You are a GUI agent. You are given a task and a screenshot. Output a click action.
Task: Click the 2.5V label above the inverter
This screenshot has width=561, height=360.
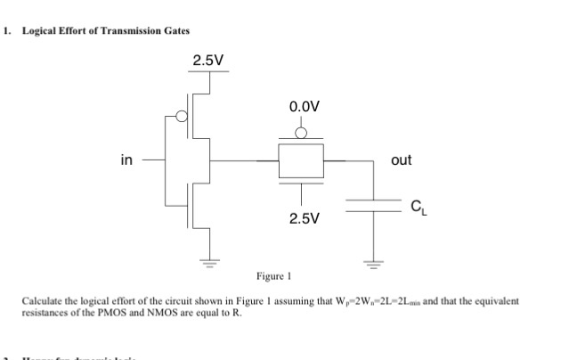[208, 61]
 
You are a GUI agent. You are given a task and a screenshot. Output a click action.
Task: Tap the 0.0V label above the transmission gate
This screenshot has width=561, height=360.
[304, 107]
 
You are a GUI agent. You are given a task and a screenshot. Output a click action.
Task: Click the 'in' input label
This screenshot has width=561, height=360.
[127, 160]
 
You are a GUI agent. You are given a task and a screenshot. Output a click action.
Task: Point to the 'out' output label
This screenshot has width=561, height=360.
[401, 160]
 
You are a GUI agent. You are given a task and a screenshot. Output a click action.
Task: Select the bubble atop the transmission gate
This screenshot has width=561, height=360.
[302, 135]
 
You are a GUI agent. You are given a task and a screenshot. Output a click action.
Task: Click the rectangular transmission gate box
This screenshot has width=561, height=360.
[302, 161]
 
